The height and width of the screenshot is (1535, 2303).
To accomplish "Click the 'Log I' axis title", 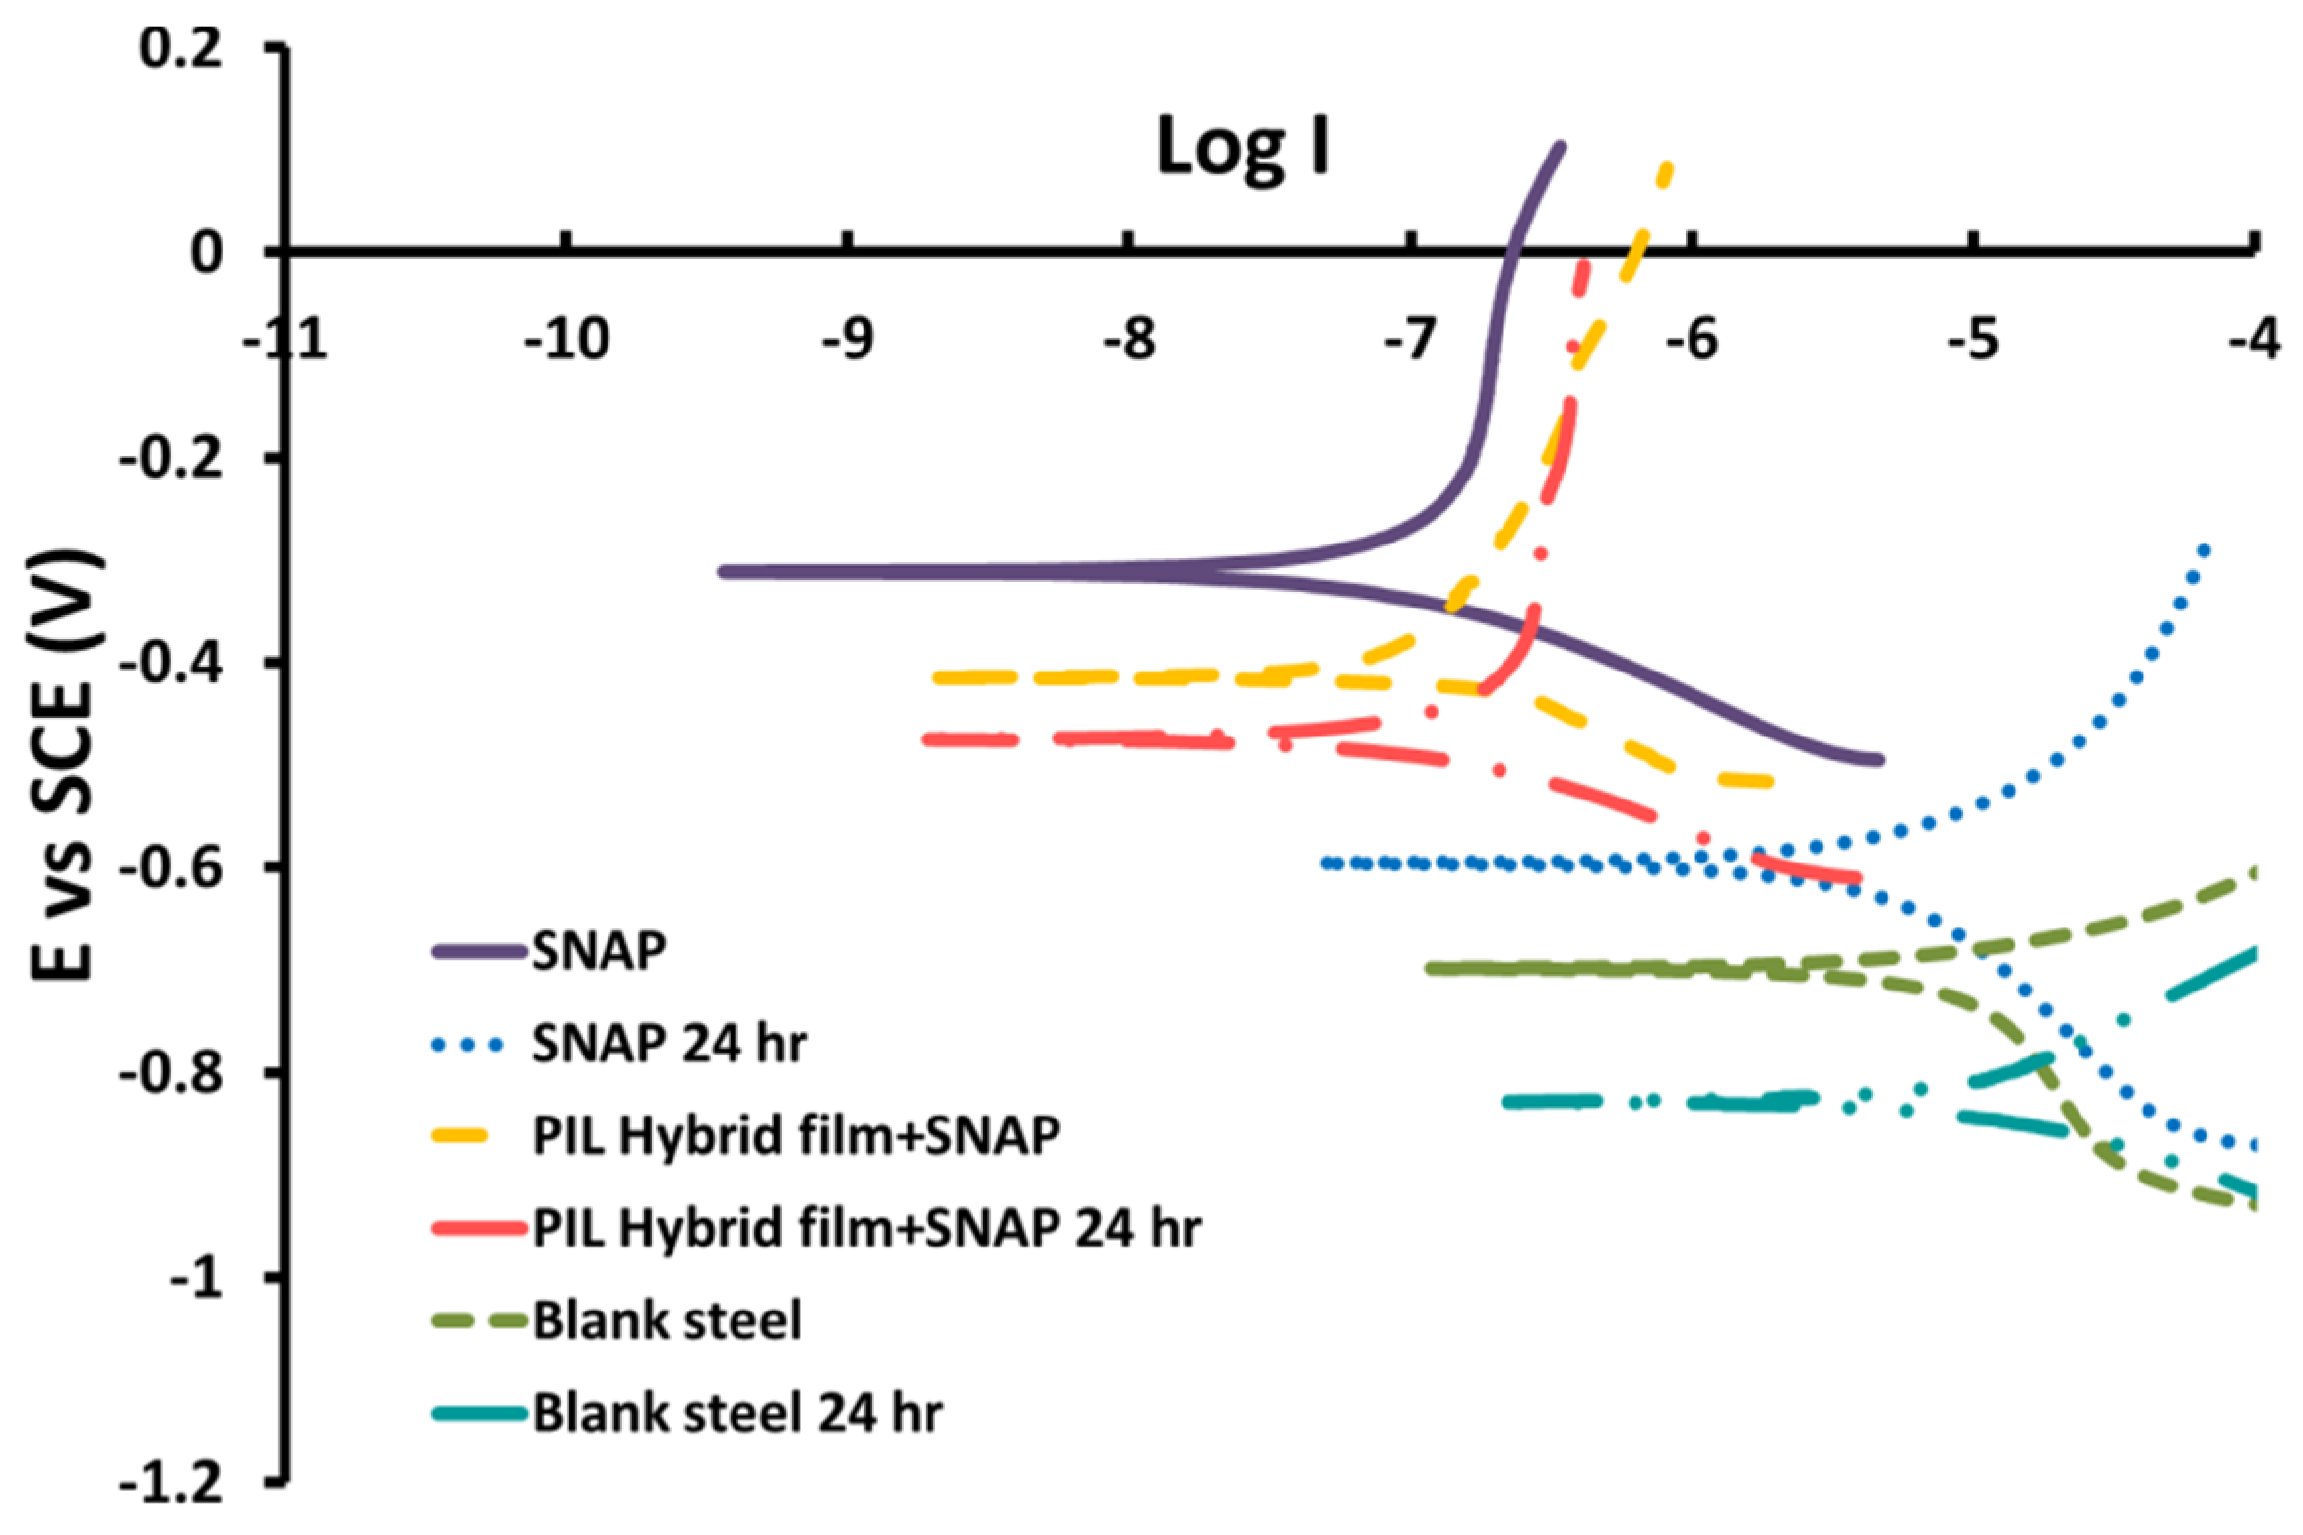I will (1243, 149).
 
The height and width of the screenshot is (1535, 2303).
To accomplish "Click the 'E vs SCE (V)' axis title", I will (67, 767).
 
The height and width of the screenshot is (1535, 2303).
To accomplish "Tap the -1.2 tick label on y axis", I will (169, 1485).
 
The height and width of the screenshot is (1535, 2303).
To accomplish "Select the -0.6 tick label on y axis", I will (169, 867).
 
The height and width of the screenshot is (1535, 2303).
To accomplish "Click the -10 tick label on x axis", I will (566, 341).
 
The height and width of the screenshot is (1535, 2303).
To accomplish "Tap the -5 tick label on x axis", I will (1973, 341).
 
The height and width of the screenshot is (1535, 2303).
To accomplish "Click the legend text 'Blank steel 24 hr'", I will (737, 1414).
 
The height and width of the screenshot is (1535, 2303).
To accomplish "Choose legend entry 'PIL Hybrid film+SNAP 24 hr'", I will (866, 1228).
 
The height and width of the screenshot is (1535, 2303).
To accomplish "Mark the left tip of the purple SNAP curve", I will (724, 572).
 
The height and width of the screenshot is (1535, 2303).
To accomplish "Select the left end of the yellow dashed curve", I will (938, 677).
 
